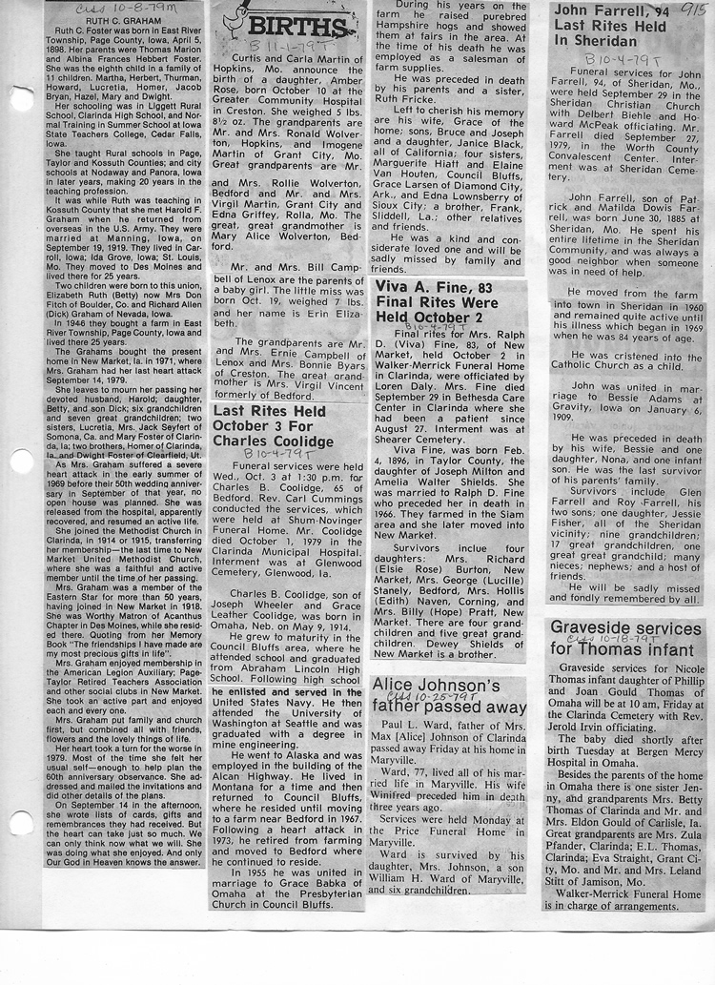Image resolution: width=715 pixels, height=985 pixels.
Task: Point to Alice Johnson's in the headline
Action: coord(421,686)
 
